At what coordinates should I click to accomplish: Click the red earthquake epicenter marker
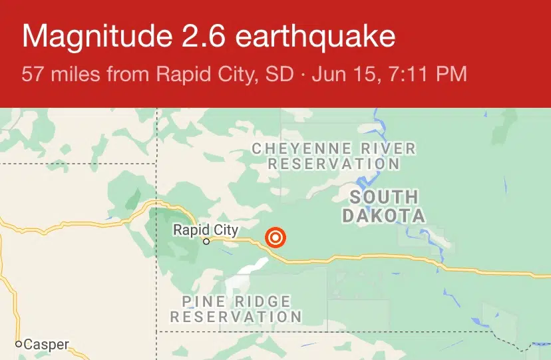pos(275,238)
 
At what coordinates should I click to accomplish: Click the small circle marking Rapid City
pos(206,242)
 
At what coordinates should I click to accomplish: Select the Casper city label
pos(46,345)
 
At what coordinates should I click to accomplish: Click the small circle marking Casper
pos(19,345)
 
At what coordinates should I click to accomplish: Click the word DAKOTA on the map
pos(383,216)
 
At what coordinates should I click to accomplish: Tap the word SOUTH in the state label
pos(384,197)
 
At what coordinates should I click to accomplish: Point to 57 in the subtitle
pos(31,73)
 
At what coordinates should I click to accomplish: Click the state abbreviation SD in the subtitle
pos(280,73)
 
